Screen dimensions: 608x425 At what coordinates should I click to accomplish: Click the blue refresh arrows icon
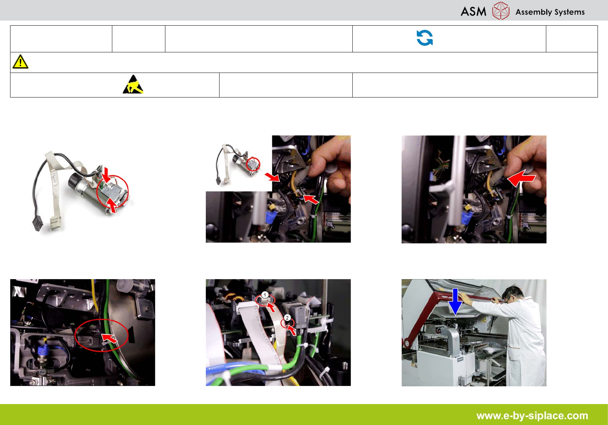tap(425, 38)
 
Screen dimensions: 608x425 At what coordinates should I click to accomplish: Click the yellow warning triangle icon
tap(20, 62)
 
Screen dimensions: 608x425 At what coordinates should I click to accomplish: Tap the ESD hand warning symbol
tap(133, 84)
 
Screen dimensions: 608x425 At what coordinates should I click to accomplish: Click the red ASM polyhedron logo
tap(500, 11)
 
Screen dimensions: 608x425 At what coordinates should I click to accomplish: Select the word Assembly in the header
tap(533, 12)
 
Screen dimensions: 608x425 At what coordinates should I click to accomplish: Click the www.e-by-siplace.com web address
tap(532, 416)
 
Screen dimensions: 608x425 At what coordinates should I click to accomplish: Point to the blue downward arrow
tap(455, 302)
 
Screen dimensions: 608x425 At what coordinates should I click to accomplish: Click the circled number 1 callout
tap(265, 295)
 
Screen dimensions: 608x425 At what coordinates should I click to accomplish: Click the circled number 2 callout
tap(287, 317)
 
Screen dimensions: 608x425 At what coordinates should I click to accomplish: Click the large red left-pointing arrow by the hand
tap(521, 178)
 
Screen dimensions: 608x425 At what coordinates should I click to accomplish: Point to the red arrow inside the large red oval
tap(110, 338)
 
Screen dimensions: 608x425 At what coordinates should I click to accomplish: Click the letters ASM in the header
tap(473, 12)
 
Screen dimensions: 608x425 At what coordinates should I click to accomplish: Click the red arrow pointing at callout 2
tap(292, 330)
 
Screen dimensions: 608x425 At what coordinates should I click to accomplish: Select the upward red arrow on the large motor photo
tap(112, 205)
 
